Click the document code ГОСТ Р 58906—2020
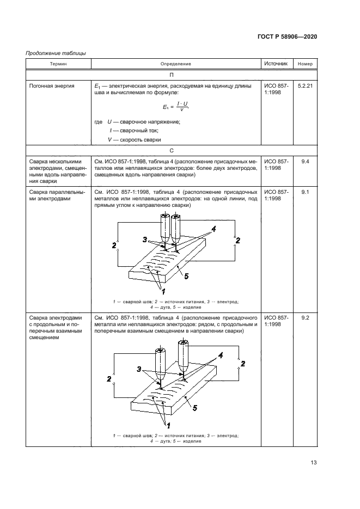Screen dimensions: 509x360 point(286,36)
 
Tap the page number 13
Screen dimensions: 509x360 point(313,463)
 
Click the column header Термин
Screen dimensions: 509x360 point(59,64)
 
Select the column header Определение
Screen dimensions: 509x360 point(175,64)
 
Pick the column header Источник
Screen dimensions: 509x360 point(276,64)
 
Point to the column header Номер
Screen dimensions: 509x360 point(306,64)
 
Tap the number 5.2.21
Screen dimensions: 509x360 point(306,86)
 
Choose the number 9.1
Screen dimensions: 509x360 point(306,192)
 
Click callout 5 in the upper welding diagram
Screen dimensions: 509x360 point(186,277)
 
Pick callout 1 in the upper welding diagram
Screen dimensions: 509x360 point(162,291)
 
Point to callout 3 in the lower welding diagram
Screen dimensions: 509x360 point(139,369)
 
